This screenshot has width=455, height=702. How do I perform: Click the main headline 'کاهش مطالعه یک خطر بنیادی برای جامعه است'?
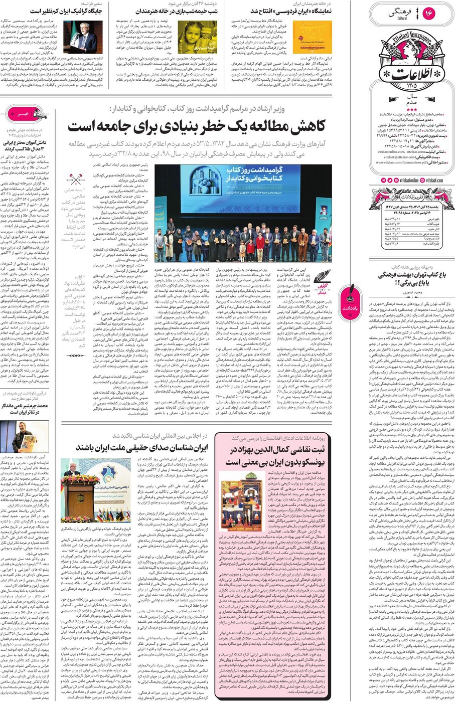coord(197,125)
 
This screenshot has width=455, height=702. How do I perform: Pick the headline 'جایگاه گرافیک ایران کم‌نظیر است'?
coord(67,11)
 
